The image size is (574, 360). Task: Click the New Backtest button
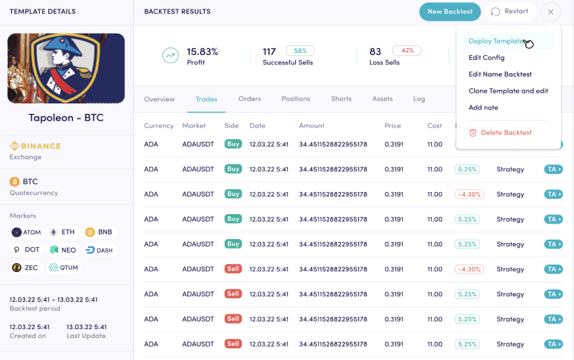450,11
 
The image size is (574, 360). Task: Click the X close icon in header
551,11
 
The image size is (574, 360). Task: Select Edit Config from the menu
486,58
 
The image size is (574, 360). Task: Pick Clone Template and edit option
508,91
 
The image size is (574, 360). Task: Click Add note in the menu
483,107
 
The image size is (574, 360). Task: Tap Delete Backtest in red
506,132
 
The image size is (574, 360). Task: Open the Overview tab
159,99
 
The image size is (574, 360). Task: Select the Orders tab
249,99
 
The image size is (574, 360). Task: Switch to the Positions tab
295,99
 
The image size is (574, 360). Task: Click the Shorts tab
341,99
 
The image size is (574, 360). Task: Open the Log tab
419,99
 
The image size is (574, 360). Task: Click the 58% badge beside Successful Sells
300,51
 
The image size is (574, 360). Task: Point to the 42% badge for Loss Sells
407,51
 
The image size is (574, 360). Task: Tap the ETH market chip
62,232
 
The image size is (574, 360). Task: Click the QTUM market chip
64,267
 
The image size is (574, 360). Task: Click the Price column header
393,126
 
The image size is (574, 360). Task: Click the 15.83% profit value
202,52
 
